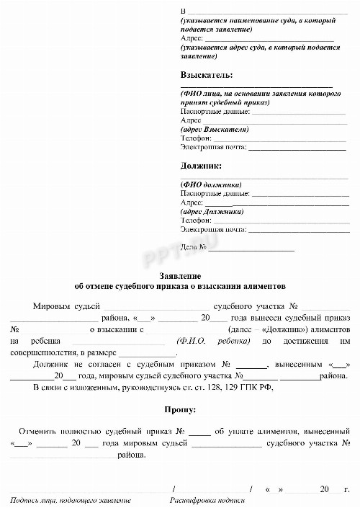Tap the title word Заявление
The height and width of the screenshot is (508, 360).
coord(179,277)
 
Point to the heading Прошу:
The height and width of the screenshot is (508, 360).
coord(180,410)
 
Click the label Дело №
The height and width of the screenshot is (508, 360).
coord(194,248)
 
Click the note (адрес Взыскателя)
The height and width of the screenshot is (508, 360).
coord(214,130)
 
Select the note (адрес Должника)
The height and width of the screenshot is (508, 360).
coord(212,212)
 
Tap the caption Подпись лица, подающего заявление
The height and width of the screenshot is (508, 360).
coord(71,500)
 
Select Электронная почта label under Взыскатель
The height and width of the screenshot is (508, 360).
coord(213,148)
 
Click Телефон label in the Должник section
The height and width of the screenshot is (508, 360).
coord(195,220)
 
